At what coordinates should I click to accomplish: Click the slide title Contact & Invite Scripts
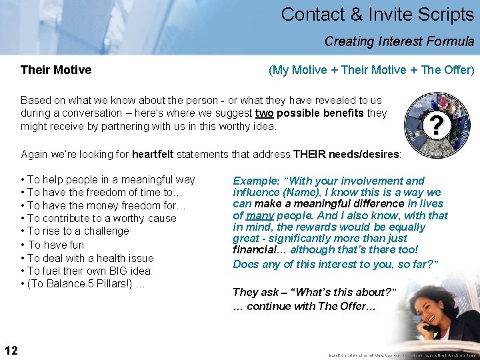point(377,15)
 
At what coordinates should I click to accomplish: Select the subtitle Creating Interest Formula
point(399,41)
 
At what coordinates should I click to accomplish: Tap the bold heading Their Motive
point(56,70)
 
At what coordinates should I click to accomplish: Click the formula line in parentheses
point(371,70)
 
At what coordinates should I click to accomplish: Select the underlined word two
point(264,113)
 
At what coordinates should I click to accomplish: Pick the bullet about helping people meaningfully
point(108,179)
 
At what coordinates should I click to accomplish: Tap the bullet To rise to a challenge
point(75,231)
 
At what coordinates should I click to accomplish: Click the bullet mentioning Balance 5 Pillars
point(83,284)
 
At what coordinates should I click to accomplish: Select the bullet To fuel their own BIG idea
point(86,271)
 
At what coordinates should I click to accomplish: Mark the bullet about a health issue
point(87,258)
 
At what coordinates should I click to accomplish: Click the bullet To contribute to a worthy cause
point(99,219)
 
